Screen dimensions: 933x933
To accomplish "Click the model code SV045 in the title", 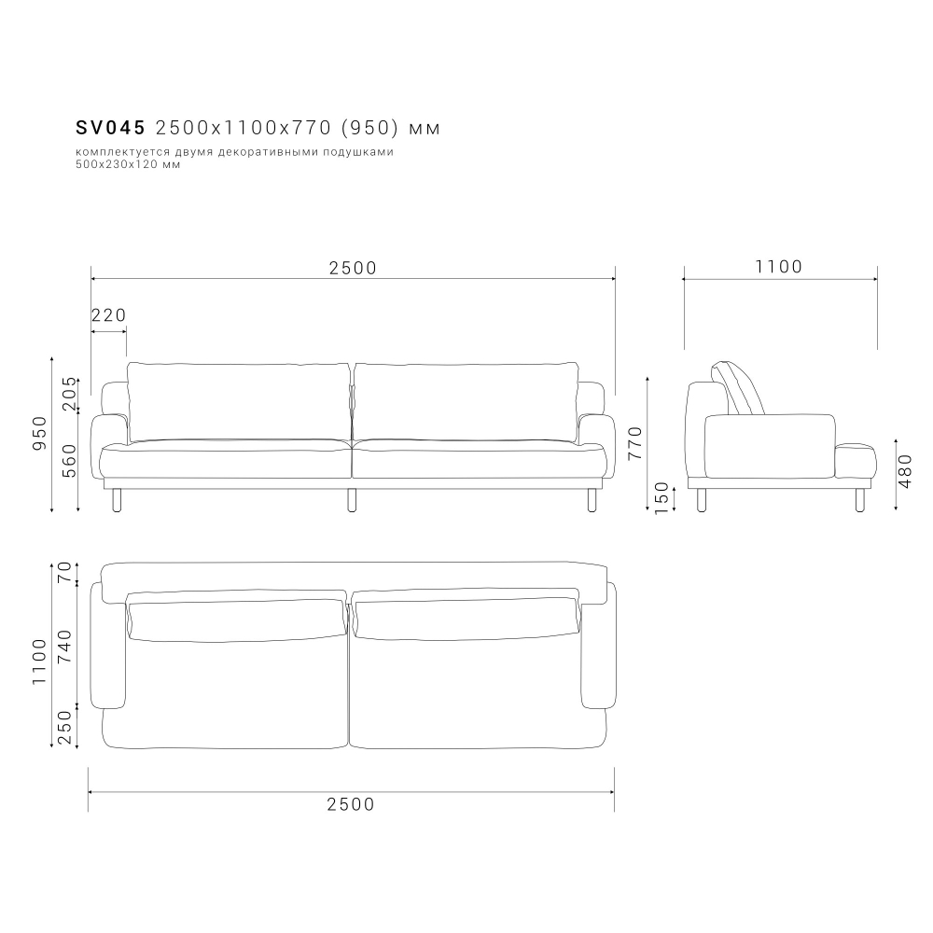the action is [111, 128].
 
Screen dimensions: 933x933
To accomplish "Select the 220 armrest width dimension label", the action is [109, 314].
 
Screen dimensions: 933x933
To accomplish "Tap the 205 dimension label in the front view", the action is [70, 394].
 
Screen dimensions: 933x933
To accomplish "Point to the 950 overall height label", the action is [39, 433].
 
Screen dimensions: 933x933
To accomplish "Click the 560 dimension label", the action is [70, 461].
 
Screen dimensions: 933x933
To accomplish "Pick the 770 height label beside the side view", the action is [635, 442].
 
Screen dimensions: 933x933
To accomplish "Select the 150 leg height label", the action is [661, 498].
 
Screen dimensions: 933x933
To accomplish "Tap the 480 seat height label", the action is [904, 471].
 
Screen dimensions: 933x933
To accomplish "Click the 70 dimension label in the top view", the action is [64, 572].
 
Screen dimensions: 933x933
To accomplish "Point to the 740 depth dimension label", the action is [64, 647].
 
